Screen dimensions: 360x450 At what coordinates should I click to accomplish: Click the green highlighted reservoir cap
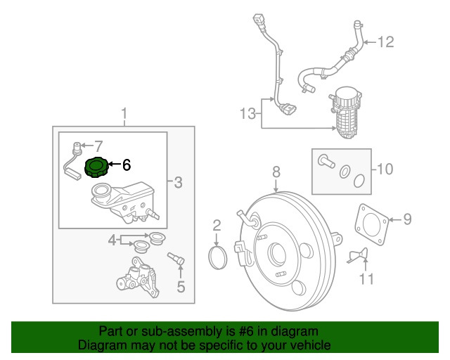[x=96, y=168]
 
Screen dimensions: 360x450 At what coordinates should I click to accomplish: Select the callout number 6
[x=127, y=166]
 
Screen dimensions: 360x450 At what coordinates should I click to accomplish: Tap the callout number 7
[x=98, y=147]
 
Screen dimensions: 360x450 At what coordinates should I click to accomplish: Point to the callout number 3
[x=178, y=184]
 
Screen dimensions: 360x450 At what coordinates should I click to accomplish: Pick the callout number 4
[x=111, y=241]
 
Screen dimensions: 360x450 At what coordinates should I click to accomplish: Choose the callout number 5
[x=180, y=285]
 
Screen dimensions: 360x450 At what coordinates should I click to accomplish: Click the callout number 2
[x=217, y=226]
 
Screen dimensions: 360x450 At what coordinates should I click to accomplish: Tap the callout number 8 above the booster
[x=276, y=171]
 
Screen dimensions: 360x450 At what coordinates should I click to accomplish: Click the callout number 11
[x=364, y=279]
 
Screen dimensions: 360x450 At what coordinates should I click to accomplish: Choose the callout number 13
[x=246, y=114]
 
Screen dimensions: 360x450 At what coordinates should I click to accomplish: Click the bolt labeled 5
[x=177, y=261]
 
